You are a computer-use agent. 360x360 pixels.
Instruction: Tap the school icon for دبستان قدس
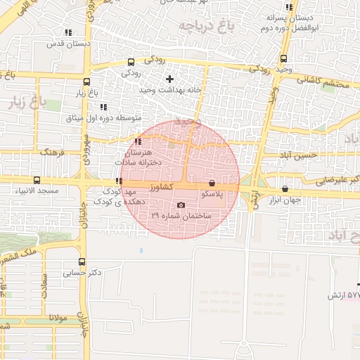(67, 32)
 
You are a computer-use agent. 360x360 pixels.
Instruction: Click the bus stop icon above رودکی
(131, 62)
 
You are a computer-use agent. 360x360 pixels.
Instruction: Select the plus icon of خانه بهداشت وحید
(169, 79)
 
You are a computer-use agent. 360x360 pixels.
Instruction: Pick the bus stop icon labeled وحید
(283, 59)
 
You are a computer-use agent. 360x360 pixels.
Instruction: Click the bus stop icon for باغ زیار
(86, 82)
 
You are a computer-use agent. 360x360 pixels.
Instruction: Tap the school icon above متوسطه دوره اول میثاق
(103, 107)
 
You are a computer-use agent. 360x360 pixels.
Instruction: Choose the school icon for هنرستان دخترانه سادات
(138, 141)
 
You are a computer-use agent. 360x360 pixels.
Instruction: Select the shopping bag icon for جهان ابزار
(285, 188)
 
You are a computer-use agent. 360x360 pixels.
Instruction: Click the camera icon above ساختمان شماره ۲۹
(181, 205)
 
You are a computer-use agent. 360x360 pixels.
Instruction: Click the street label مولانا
(58, 318)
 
